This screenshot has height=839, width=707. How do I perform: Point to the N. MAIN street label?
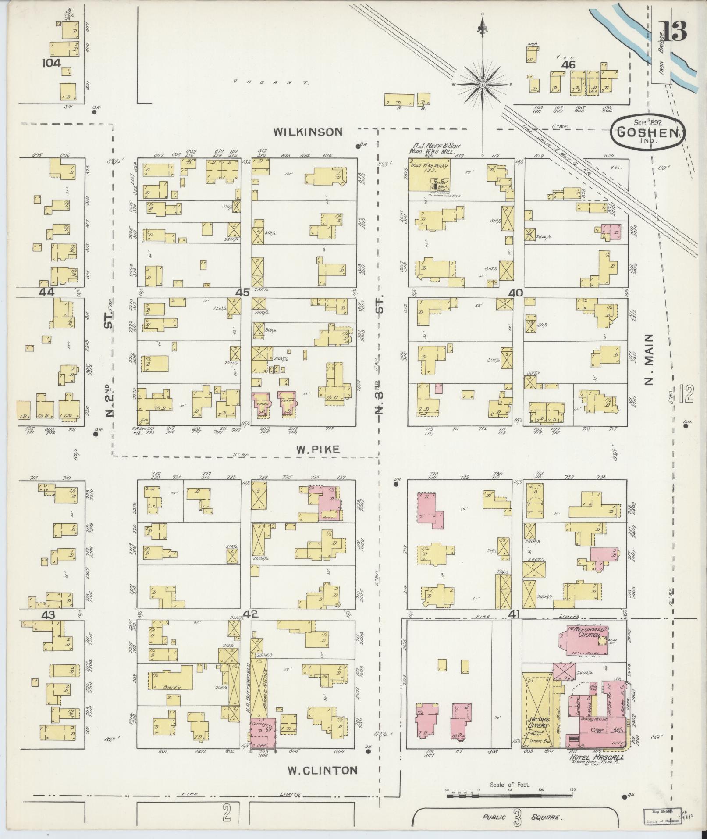tap(649, 359)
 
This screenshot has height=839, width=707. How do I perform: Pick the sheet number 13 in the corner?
tap(674, 32)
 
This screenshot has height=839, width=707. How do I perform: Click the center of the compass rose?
tap(482, 84)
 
